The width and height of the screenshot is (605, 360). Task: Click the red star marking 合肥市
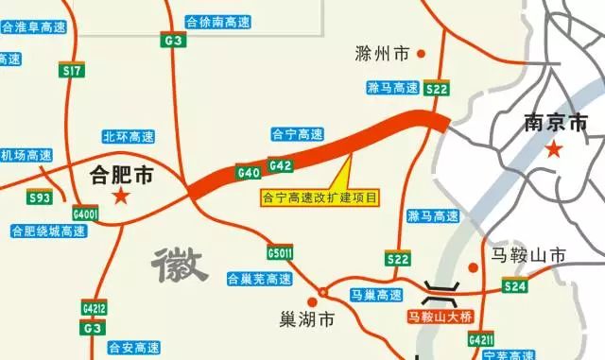pyautogui.click(x=121, y=196)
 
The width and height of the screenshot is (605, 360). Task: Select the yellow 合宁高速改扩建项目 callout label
pyautogui.click(x=319, y=199)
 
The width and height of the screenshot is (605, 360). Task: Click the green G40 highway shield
pyautogui.click(x=249, y=173)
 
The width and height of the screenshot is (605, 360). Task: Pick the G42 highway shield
pyautogui.click(x=280, y=166)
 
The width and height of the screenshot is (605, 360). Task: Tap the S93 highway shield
pyautogui.click(x=40, y=197)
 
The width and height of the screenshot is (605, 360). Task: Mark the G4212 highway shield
pyautogui.click(x=93, y=307)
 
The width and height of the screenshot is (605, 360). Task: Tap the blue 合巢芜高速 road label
pyautogui.click(x=259, y=280)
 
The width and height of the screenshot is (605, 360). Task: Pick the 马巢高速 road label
pyautogui.click(x=376, y=296)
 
